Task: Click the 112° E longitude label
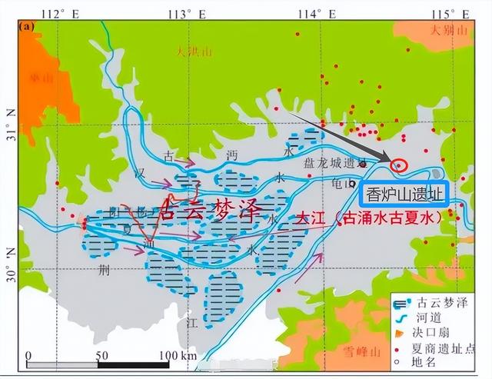tap(64, 12)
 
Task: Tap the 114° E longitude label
tap(321, 12)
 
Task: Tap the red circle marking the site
tap(400, 165)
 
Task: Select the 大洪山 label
tap(192, 52)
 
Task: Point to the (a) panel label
tap(28, 26)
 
